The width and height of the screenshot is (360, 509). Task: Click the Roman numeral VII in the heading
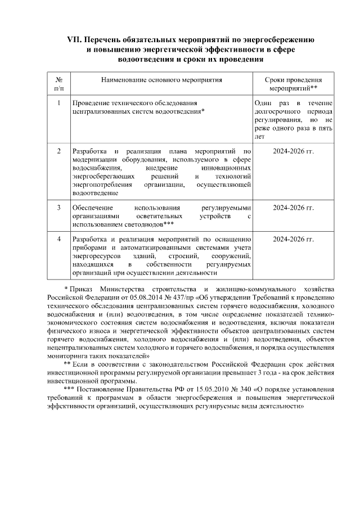[75, 40]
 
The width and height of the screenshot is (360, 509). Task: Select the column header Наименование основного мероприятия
[161, 80]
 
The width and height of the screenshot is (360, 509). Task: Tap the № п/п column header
[59, 84]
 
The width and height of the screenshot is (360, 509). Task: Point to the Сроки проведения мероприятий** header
[293, 84]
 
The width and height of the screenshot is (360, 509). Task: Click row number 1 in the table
[59, 103]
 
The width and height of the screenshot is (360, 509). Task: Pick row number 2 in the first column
[59, 151]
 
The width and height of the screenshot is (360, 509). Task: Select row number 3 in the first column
[59, 208]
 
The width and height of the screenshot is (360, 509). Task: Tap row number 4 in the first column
[59, 240]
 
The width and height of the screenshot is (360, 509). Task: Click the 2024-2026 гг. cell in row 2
[293, 151]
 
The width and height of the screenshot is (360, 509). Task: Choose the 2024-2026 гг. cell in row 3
[293, 208]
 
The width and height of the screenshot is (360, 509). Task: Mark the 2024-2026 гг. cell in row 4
[293, 240]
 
